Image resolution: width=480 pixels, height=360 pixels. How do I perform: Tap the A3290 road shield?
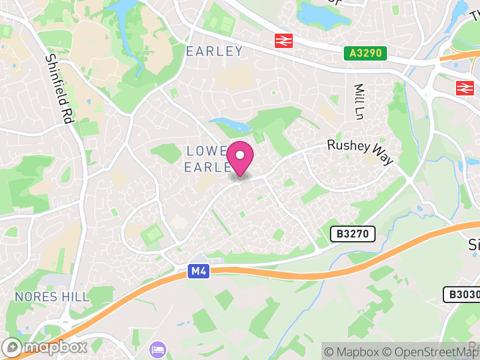point(365,53)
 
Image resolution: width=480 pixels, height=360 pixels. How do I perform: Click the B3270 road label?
point(353,233)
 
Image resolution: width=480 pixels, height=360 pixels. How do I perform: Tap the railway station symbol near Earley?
point(283,41)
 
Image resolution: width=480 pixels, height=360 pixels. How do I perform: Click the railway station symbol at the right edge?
point(464,88)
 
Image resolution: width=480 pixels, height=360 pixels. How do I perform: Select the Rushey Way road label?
point(360,152)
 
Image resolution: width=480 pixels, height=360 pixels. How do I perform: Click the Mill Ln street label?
point(359,100)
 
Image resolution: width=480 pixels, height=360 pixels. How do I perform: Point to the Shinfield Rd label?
point(59,89)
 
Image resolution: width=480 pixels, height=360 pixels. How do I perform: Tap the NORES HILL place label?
point(52,297)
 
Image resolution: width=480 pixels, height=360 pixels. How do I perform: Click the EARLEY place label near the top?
point(214,51)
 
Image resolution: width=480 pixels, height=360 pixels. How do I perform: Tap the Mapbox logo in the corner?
point(46,347)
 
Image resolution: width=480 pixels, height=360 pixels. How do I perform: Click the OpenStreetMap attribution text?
point(431,352)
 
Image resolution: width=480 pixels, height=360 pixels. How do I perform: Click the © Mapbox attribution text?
point(354,352)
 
